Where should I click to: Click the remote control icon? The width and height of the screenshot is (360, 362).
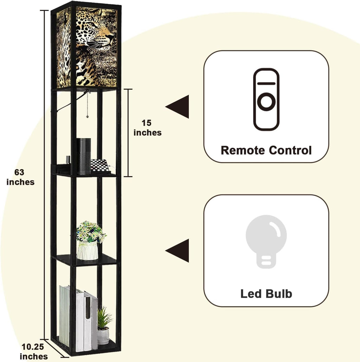click(266, 99)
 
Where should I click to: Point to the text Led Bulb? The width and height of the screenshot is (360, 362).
click(266, 294)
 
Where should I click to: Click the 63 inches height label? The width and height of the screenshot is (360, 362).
click(20, 177)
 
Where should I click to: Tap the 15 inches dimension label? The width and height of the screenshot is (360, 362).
click(147, 128)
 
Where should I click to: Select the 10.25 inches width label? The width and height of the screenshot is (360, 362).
click(34, 351)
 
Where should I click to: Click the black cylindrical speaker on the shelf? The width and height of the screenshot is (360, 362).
click(84, 156)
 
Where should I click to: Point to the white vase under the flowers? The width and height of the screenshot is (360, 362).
click(88, 251)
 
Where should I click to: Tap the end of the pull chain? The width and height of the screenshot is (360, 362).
click(87, 116)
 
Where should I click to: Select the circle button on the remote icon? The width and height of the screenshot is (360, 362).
click(266, 102)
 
